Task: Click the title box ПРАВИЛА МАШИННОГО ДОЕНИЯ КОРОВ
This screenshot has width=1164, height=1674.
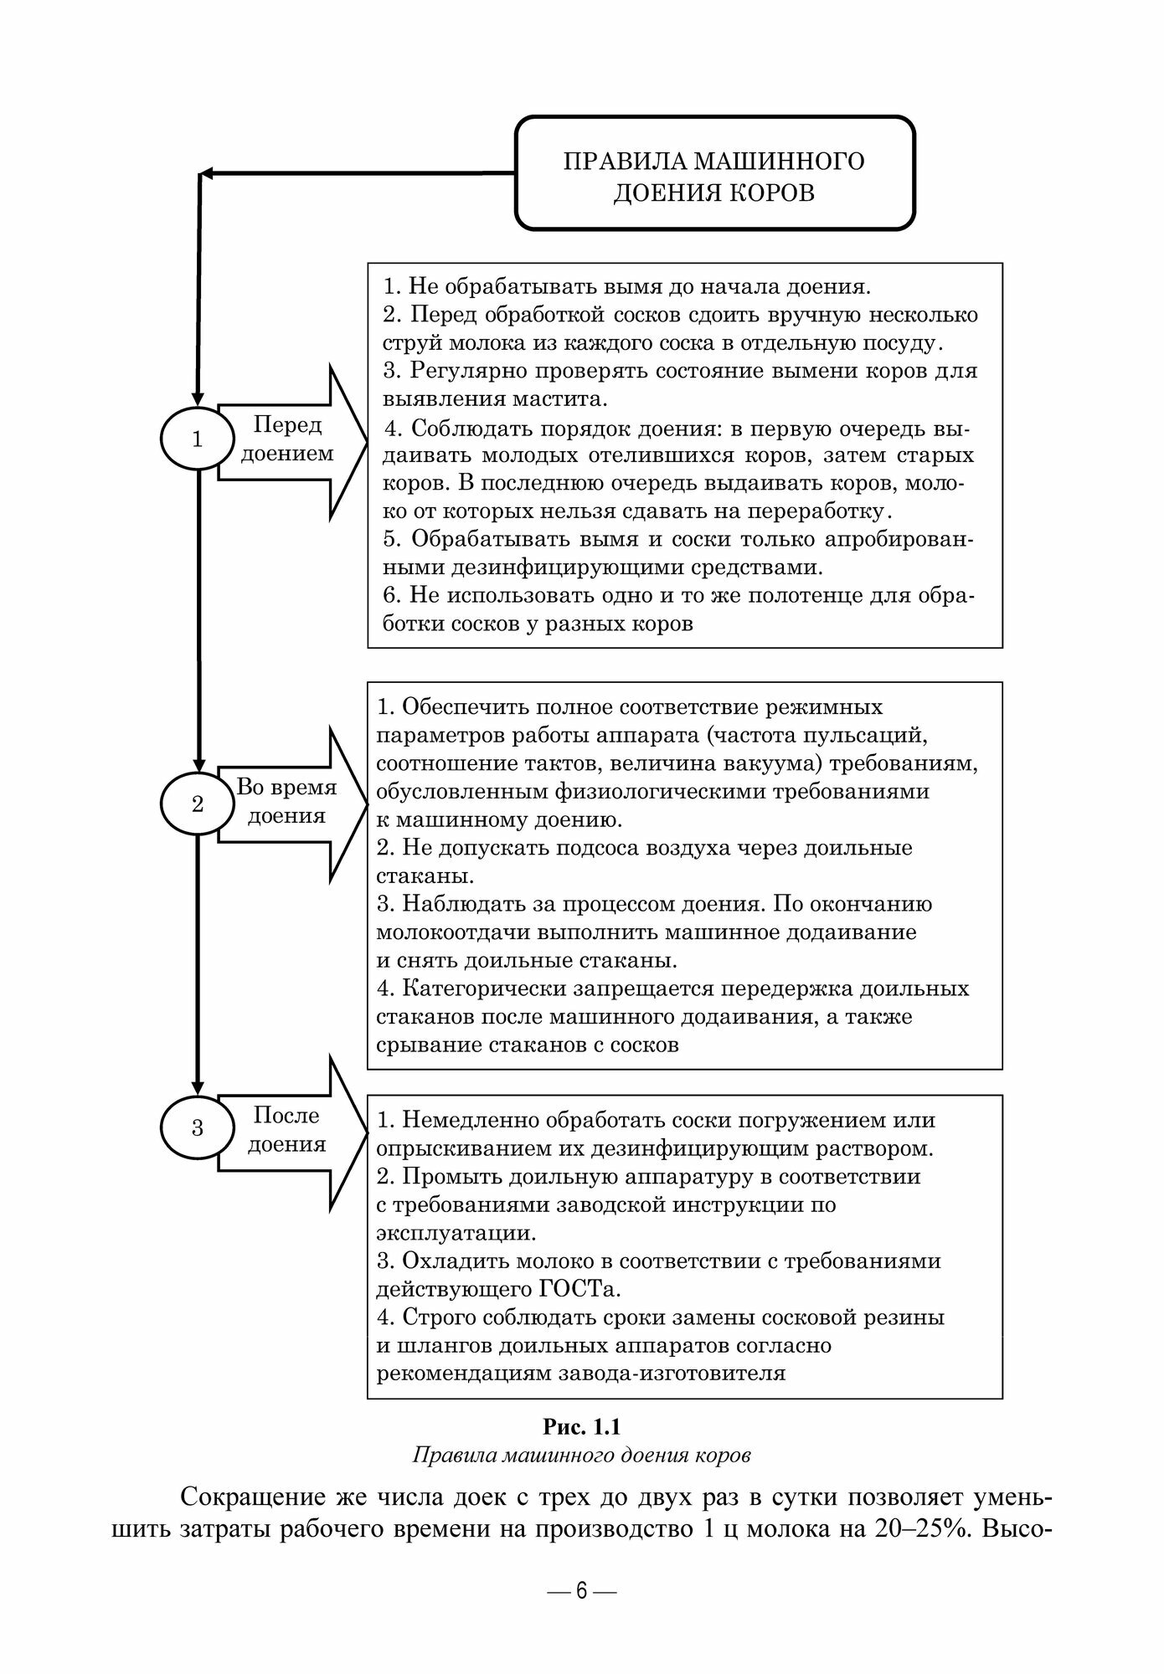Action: tap(714, 174)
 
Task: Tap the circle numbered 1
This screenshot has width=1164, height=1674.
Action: tap(197, 439)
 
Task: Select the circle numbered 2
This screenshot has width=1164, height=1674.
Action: tap(197, 804)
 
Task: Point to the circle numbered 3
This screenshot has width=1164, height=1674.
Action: tap(197, 1127)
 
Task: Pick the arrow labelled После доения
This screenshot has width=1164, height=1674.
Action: tap(289, 1131)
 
